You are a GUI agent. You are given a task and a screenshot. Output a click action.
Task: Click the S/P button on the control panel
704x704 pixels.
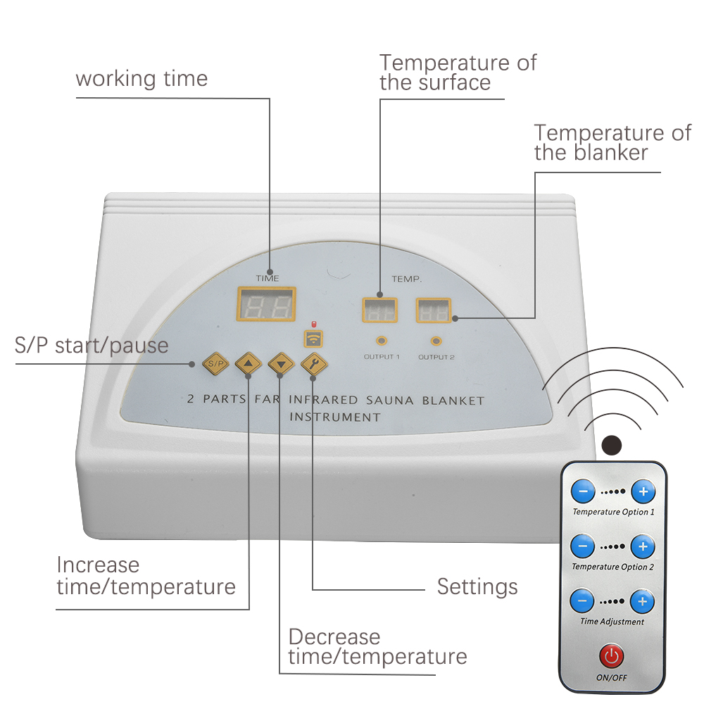tap(216, 363)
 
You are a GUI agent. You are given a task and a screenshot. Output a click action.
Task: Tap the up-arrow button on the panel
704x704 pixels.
tap(248, 363)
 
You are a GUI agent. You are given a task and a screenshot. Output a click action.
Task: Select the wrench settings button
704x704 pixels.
tap(313, 363)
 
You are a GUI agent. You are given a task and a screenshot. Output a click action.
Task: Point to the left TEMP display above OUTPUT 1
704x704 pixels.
tap(379, 310)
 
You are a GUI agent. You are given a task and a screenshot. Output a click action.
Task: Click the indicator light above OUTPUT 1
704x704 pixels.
tap(382, 341)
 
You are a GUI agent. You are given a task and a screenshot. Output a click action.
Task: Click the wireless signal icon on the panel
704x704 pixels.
tap(313, 339)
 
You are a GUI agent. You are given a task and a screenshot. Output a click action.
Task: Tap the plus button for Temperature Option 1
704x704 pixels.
tap(642, 491)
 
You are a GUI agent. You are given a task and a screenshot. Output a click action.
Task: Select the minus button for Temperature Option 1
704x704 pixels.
tap(583, 491)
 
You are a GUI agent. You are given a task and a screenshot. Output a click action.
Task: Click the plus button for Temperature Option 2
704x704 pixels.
tap(642, 546)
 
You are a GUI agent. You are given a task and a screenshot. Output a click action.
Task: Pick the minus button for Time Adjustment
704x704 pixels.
tap(582, 601)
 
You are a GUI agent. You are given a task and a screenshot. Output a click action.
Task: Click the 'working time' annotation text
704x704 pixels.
tap(142, 78)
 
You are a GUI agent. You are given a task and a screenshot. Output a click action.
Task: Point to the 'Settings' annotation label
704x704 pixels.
tap(477, 586)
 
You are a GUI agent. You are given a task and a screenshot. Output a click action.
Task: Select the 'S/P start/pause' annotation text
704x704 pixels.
tap(92, 346)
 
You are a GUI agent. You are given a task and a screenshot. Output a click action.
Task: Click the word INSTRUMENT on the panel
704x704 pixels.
tap(335, 417)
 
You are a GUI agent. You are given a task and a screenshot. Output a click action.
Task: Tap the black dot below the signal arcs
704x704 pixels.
tap(612, 444)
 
